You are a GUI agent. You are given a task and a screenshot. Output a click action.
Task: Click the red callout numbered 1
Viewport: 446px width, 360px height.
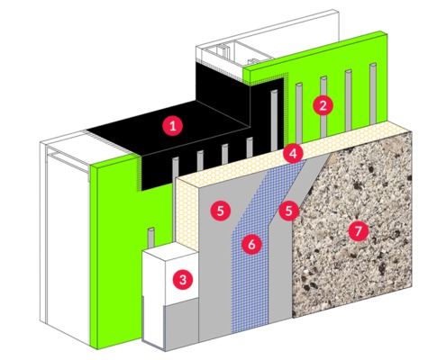pos(170,125)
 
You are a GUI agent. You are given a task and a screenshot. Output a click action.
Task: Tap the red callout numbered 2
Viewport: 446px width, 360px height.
pos(320,105)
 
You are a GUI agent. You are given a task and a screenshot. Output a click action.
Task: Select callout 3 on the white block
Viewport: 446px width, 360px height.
pos(183,278)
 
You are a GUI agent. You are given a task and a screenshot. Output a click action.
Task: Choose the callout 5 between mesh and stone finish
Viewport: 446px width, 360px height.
pos(289,211)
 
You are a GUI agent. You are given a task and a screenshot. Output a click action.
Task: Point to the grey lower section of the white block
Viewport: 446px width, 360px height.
pos(167,324)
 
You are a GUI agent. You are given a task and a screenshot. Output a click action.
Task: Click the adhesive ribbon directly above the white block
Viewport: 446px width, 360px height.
pos(150,239)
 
